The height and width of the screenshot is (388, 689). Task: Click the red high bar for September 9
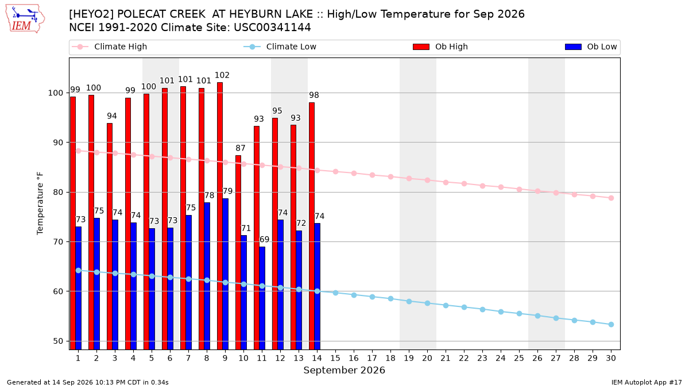coord(220,216)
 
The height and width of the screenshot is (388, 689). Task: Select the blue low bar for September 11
coord(262,298)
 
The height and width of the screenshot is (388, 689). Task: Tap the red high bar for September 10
coord(238,252)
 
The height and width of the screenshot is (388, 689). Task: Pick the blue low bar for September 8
coord(207,276)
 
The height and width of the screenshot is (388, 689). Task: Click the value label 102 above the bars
coord(222,75)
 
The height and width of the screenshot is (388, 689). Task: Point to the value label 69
coord(264,239)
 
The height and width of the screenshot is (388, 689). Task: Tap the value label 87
coord(241,148)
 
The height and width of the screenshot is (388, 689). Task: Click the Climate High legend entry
coord(110,47)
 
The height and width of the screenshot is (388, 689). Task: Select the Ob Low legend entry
coord(591,47)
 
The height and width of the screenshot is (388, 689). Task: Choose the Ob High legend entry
coord(440,47)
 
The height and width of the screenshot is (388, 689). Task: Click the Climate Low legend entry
coord(280,47)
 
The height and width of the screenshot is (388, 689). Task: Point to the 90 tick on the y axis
coord(58,143)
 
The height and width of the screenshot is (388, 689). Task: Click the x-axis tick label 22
coord(464,358)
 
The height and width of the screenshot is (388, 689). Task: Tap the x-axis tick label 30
coord(611,358)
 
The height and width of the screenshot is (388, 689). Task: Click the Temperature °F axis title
coord(40,203)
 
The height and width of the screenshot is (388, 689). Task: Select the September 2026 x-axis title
coord(344,370)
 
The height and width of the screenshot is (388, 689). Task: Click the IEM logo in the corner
coord(25,19)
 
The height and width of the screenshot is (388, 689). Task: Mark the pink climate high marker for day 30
coord(611,198)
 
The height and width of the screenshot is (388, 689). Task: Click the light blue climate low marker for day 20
coord(427,304)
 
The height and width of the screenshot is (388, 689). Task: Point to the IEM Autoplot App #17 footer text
coord(647,382)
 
